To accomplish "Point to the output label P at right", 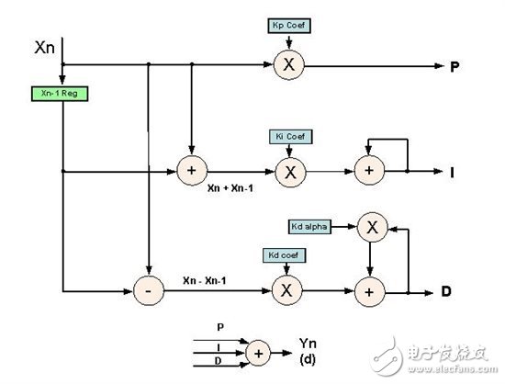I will click(x=454, y=66).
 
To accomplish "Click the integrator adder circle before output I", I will click(x=370, y=171).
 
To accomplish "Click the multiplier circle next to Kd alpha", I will click(x=370, y=225).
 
